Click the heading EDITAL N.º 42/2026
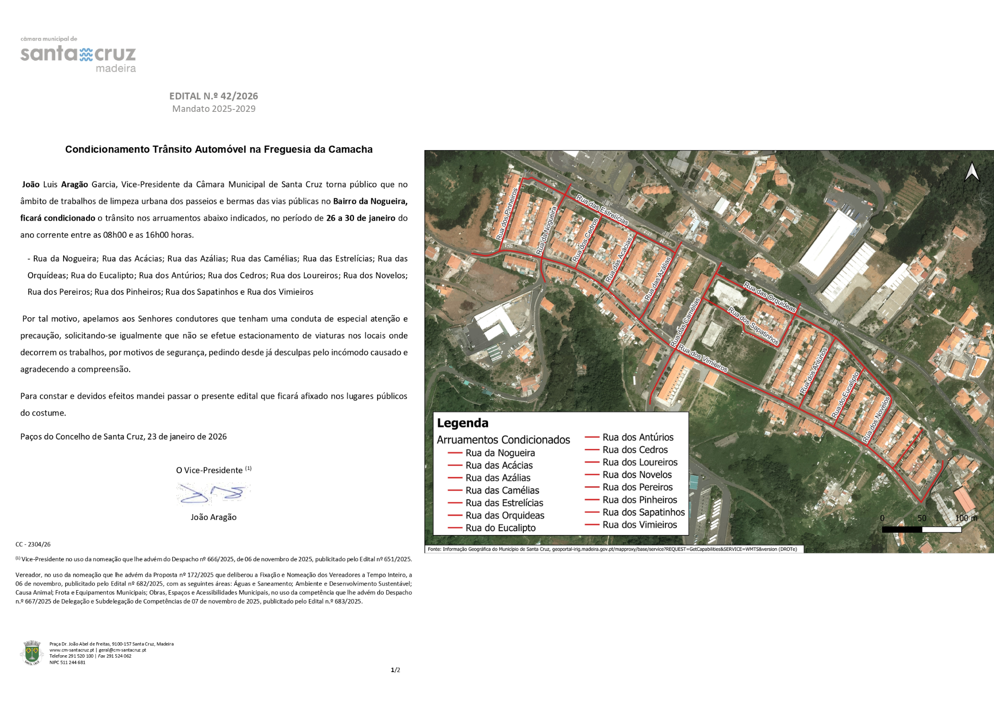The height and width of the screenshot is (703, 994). [x=214, y=96]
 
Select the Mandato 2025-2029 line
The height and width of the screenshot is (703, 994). [x=214, y=109]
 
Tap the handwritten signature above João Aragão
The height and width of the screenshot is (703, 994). [x=213, y=494]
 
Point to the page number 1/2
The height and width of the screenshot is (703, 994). [x=396, y=670]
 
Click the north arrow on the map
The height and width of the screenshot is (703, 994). [x=972, y=172]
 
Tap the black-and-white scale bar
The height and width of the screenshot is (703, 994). [x=921, y=529]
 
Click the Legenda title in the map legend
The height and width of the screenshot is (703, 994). [x=463, y=423]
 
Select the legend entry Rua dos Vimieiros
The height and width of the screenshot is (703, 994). [x=640, y=525]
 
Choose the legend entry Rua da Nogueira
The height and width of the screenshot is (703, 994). [x=500, y=453]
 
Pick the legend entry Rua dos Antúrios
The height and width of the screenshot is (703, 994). [x=638, y=438]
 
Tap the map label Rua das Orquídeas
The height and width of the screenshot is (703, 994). [x=770, y=297]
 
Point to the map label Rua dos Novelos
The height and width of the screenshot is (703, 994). [x=876, y=419]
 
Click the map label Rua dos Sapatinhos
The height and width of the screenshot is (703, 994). [x=753, y=326]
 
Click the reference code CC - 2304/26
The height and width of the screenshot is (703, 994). [x=33, y=544]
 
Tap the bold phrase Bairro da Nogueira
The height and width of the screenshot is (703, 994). [x=370, y=201]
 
